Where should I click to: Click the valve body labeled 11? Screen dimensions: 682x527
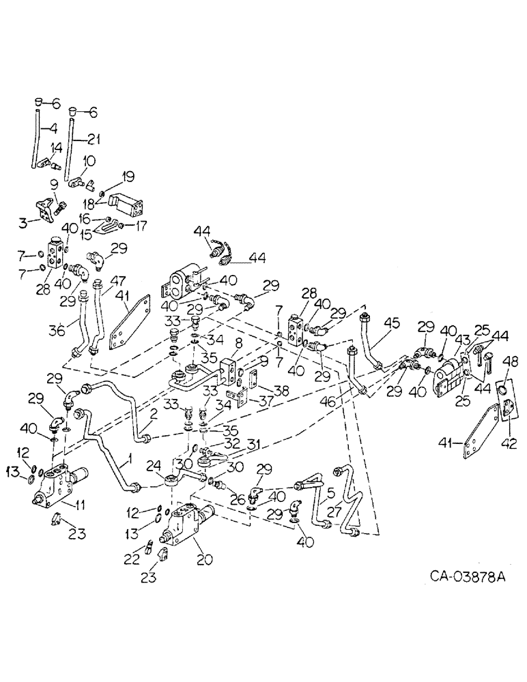[x=58, y=485]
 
